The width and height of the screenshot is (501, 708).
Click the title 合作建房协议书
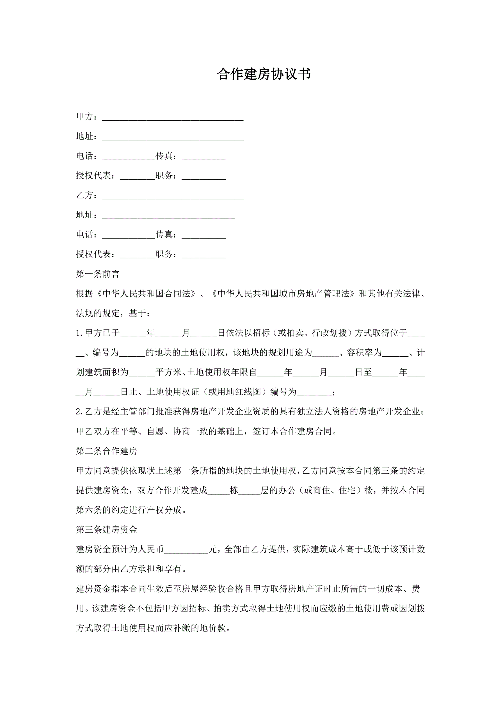tap(264, 74)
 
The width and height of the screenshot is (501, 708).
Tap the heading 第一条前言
tap(97, 274)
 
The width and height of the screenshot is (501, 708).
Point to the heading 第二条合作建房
tap(106, 451)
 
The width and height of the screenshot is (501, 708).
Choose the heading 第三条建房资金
tap(106, 530)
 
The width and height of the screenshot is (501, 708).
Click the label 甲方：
tap(87, 116)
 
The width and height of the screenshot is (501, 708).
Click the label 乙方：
tap(87, 195)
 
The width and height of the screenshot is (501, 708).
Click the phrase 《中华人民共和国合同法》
tap(146, 294)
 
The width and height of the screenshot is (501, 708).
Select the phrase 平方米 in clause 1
tap(168, 372)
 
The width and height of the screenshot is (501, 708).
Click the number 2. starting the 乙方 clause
tap(80, 412)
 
